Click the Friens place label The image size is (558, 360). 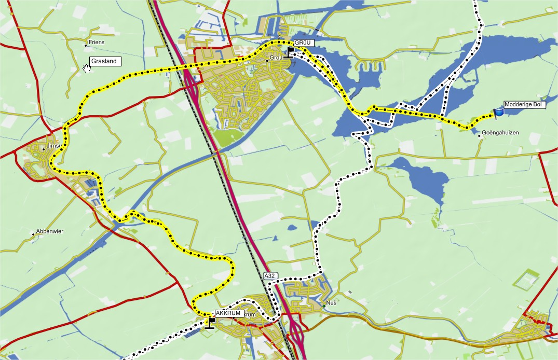pos(97,43)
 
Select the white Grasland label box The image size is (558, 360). pos(105,61)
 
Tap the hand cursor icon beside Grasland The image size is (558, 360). pos(87,68)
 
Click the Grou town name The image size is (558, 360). pos(275,58)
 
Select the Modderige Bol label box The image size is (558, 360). pos(522,105)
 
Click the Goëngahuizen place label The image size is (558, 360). pos(500,133)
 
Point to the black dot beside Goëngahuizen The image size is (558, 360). pos(479,136)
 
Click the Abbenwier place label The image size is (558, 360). pos(49,231)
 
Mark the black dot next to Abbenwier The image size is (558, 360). pos(33,234)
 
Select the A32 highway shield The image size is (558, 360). pos(269,276)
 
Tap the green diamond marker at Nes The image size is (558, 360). pos(323,306)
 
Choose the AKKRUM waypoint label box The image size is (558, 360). pos(229,313)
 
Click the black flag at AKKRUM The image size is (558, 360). pos(210,323)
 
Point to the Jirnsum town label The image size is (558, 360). pos(53,146)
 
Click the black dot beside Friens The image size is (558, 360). pos(86,46)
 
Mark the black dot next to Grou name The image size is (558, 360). pos(267,61)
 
